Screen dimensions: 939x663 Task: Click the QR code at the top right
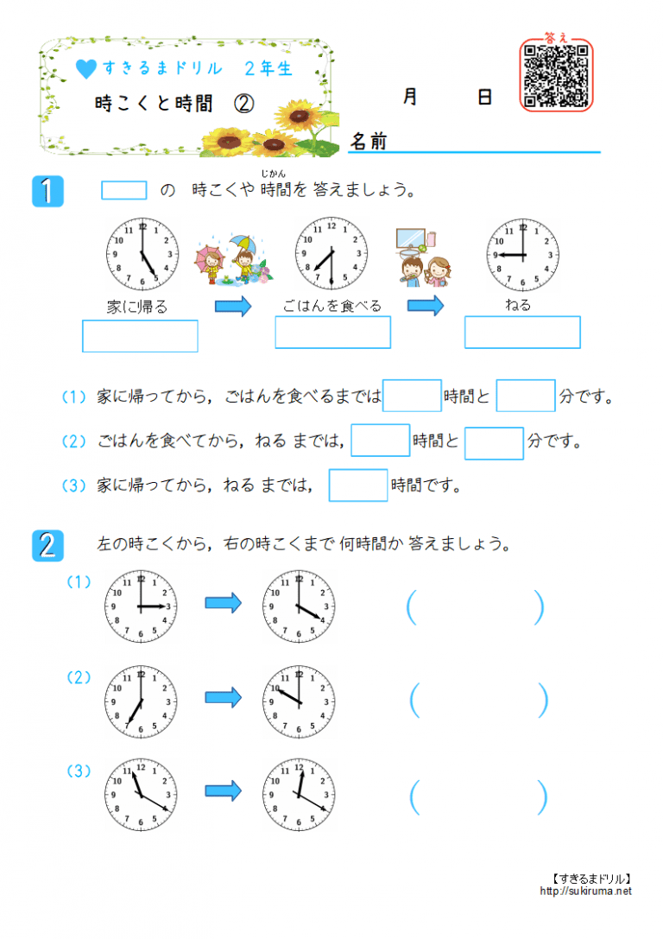[556, 74]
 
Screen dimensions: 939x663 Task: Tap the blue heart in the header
[85, 68]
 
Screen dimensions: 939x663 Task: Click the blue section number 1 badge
[47, 191]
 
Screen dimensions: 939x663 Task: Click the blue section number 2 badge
[47, 546]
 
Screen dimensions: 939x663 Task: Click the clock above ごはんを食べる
[331, 254]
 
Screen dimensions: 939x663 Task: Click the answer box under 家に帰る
[140, 336]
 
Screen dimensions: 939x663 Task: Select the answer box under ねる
[522, 332]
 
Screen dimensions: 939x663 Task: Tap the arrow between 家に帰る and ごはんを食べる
[232, 306]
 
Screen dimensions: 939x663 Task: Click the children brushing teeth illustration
[423, 258]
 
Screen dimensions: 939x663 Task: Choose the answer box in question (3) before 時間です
[358, 485]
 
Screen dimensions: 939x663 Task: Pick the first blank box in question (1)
[412, 396]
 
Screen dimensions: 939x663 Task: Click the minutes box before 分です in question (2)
[494, 443]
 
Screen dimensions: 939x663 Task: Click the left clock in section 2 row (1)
[142, 606]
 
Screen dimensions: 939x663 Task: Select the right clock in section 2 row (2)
[299, 701]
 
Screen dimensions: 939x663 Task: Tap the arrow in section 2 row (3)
[224, 790]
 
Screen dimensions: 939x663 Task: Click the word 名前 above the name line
[369, 142]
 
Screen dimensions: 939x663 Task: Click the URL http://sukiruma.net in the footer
[586, 891]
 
